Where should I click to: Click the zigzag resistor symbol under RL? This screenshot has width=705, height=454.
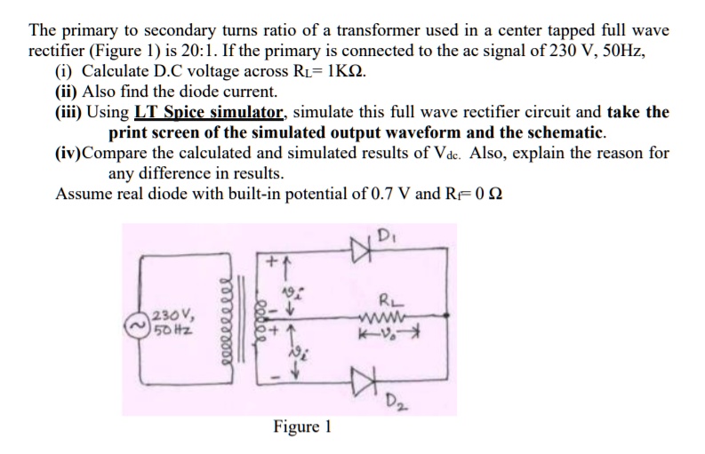click(x=391, y=315)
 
